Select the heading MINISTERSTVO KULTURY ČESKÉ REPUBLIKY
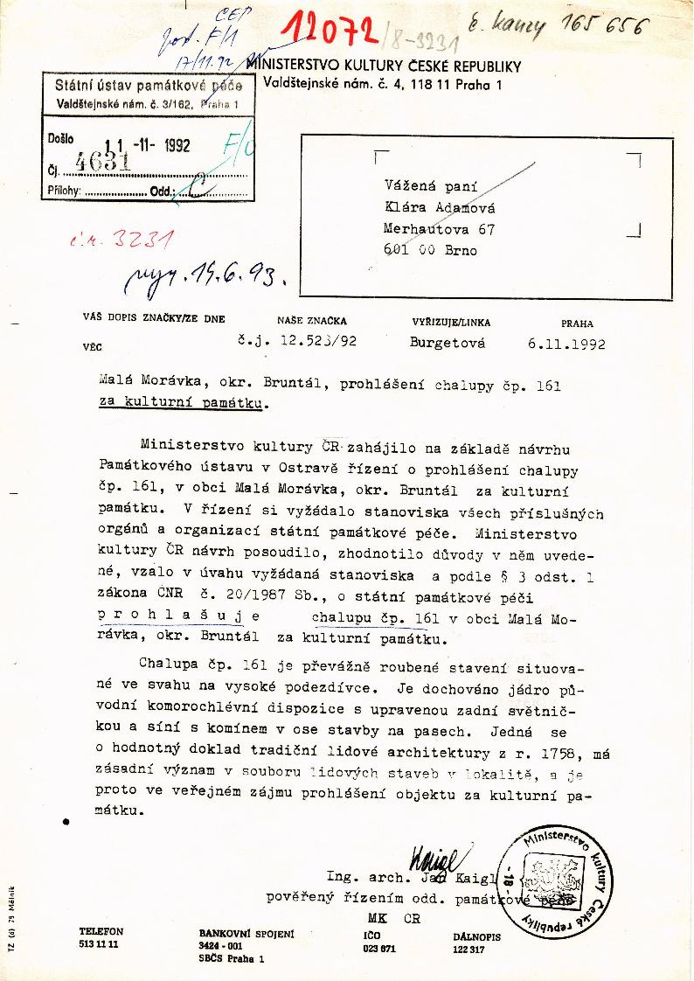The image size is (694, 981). pos(384,66)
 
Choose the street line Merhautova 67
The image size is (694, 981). pos(439,229)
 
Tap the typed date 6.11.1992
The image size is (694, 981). pos(566,344)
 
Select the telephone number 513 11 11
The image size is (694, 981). pos(99,945)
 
